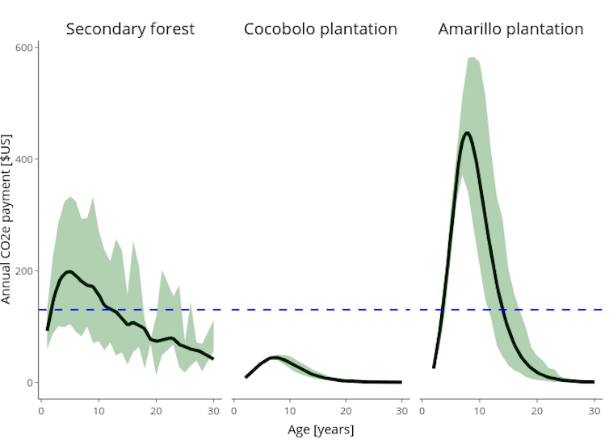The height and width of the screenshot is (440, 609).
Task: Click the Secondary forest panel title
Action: click(x=130, y=29)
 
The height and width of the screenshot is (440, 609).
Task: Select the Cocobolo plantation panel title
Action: click(x=321, y=29)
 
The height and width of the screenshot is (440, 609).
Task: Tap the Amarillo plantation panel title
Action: click(x=510, y=29)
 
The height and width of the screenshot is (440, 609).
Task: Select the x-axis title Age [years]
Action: click(x=321, y=429)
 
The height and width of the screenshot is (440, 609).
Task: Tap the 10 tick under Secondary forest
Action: click(x=99, y=410)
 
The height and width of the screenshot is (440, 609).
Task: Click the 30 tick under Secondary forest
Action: click(x=213, y=410)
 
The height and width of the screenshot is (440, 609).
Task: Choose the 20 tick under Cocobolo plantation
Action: click(x=346, y=410)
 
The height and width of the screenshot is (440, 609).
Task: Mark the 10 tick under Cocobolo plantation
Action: click(x=289, y=410)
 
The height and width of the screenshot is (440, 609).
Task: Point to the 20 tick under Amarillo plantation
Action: click(x=536, y=410)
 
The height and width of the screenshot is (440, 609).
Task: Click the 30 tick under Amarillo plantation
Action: click(x=594, y=410)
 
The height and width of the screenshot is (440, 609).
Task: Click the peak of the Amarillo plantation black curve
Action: click(x=468, y=133)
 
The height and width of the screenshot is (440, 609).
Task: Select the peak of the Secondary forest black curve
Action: click(x=69, y=272)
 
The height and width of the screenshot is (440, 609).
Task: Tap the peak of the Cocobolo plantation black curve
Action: click(x=275, y=358)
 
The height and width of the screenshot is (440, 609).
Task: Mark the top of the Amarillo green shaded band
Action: click(x=472, y=57)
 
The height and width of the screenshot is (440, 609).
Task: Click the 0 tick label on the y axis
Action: click(x=29, y=383)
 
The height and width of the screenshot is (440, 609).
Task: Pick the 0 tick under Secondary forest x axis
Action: click(x=41, y=410)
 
